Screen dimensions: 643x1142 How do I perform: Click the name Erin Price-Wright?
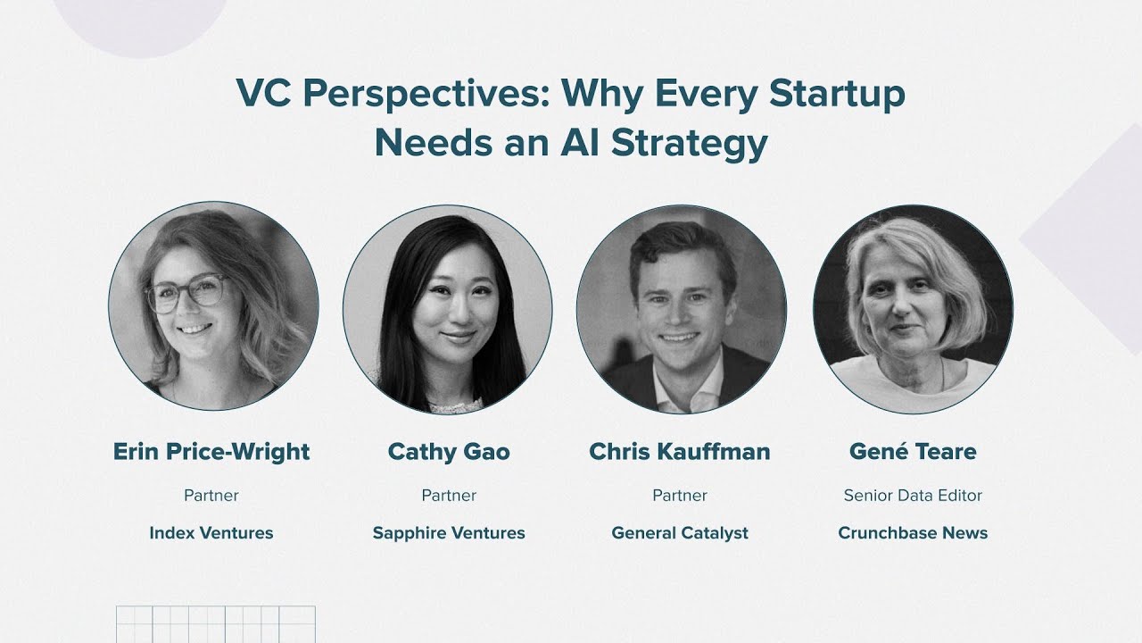pos(211,452)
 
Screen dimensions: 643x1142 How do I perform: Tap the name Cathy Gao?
pos(449,452)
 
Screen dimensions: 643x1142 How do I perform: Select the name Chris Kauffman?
pos(680,452)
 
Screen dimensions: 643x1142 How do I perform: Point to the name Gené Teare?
pos(913,452)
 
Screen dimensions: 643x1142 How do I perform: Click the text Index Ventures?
pos(211,533)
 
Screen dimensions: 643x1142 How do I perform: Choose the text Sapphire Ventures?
pos(449,533)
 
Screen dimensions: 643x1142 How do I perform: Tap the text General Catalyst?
pos(680,533)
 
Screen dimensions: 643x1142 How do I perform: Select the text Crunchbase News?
pos(913,533)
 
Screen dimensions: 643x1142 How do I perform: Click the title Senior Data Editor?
pos(913,495)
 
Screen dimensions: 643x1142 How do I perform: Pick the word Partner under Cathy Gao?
pos(449,495)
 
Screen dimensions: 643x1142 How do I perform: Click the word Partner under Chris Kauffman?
pos(680,495)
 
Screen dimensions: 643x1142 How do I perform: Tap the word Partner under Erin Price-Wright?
pos(211,495)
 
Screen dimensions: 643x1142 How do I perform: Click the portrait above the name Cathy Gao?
pos(448,309)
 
